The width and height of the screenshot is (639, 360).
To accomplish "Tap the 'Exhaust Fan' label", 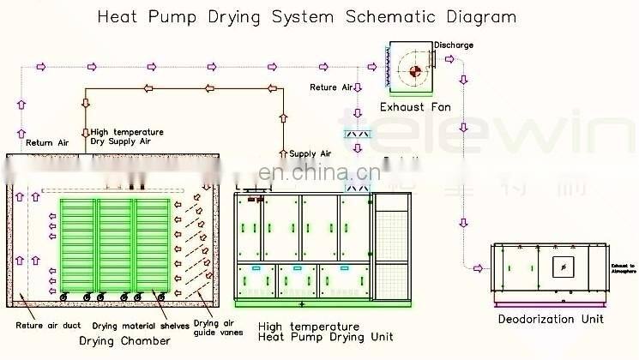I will pos(415,107).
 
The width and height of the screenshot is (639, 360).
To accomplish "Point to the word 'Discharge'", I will pos(453,45).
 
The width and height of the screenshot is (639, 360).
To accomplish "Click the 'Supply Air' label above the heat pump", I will pos(310,153).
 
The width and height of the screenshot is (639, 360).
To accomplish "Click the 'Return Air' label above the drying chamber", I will pos(46,142).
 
